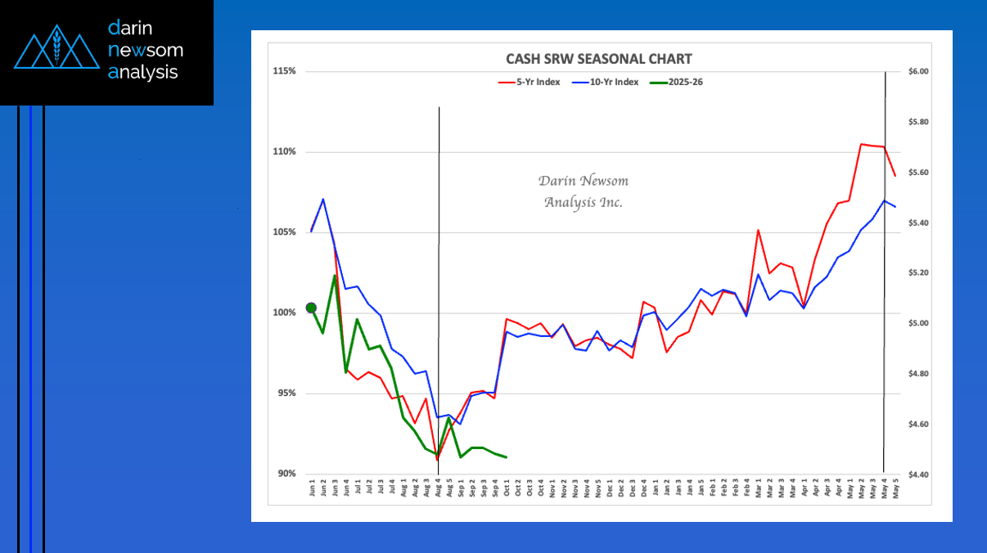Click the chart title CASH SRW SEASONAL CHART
[x=598, y=59]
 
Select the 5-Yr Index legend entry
[x=530, y=82]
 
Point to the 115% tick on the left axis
[x=284, y=71]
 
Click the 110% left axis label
[x=284, y=152]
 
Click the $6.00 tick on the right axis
[x=921, y=71]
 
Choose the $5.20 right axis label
[x=921, y=273]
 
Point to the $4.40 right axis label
[x=921, y=474]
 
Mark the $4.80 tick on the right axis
[x=921, y=374]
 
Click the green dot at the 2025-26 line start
[x=311, y=308]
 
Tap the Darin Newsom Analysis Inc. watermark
[x=584, y=191]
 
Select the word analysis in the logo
[x=142, y=73]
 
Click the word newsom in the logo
[x=146, y=51]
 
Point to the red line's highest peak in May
[x=862, y=144]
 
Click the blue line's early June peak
[x=323, y=199]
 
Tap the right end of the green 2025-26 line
[x=507, y=457]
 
